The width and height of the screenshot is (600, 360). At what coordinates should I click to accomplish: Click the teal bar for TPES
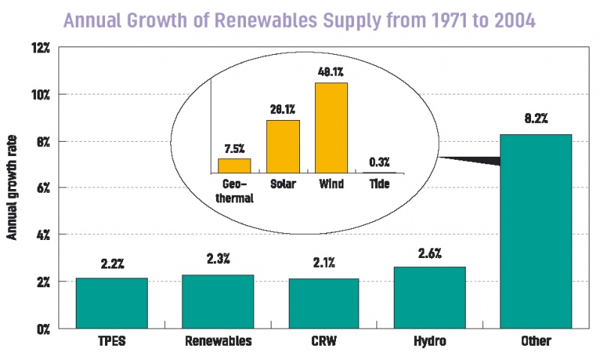(112, 302)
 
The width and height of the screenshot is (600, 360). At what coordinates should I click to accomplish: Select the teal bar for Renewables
(217, 301)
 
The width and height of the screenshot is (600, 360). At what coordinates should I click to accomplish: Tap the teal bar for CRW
(323, 303)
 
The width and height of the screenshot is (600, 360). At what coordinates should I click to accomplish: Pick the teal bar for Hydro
(429, 297)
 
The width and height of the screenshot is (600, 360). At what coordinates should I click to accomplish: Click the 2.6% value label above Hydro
(429, 253)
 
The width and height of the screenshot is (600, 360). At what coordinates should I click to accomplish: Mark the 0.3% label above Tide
(379, 161)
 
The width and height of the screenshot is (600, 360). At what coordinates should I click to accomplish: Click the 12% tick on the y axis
(40, 48)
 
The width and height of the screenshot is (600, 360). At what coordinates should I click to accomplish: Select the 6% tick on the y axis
(42, 187)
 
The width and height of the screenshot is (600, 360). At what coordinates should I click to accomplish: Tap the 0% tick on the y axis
(42, 328)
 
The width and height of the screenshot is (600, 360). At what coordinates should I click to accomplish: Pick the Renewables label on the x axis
(217, 341)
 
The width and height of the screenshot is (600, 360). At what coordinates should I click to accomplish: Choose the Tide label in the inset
(379, 184)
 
